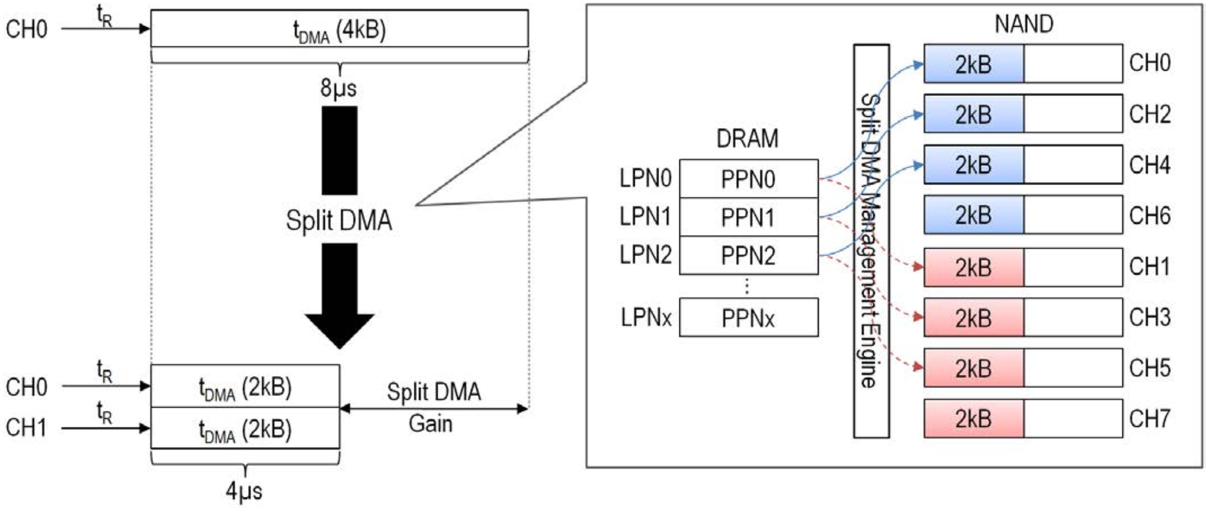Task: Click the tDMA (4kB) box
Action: [339, 29]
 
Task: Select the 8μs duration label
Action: [338, 88]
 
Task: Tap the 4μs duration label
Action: [244, 491]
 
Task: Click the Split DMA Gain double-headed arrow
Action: [434, 408]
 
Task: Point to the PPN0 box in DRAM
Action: [748, 179]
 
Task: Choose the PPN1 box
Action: [748, 218]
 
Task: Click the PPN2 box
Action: [748, 255]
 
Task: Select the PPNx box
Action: [748, 318]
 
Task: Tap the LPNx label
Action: [645, 318]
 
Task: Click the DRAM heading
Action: [747, 139]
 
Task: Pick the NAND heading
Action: [1023, 24]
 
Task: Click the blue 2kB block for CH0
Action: [973, 64]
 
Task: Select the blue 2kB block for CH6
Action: [973, 215]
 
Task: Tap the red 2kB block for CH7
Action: [973, 419]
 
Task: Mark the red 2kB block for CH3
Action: [973, 318]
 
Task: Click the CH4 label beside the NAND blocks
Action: [1149, 165]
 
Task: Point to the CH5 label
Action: [1149, 368]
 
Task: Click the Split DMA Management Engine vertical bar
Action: [871, 241]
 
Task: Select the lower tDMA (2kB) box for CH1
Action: [245, 429]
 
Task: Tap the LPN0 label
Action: [645, 179]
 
